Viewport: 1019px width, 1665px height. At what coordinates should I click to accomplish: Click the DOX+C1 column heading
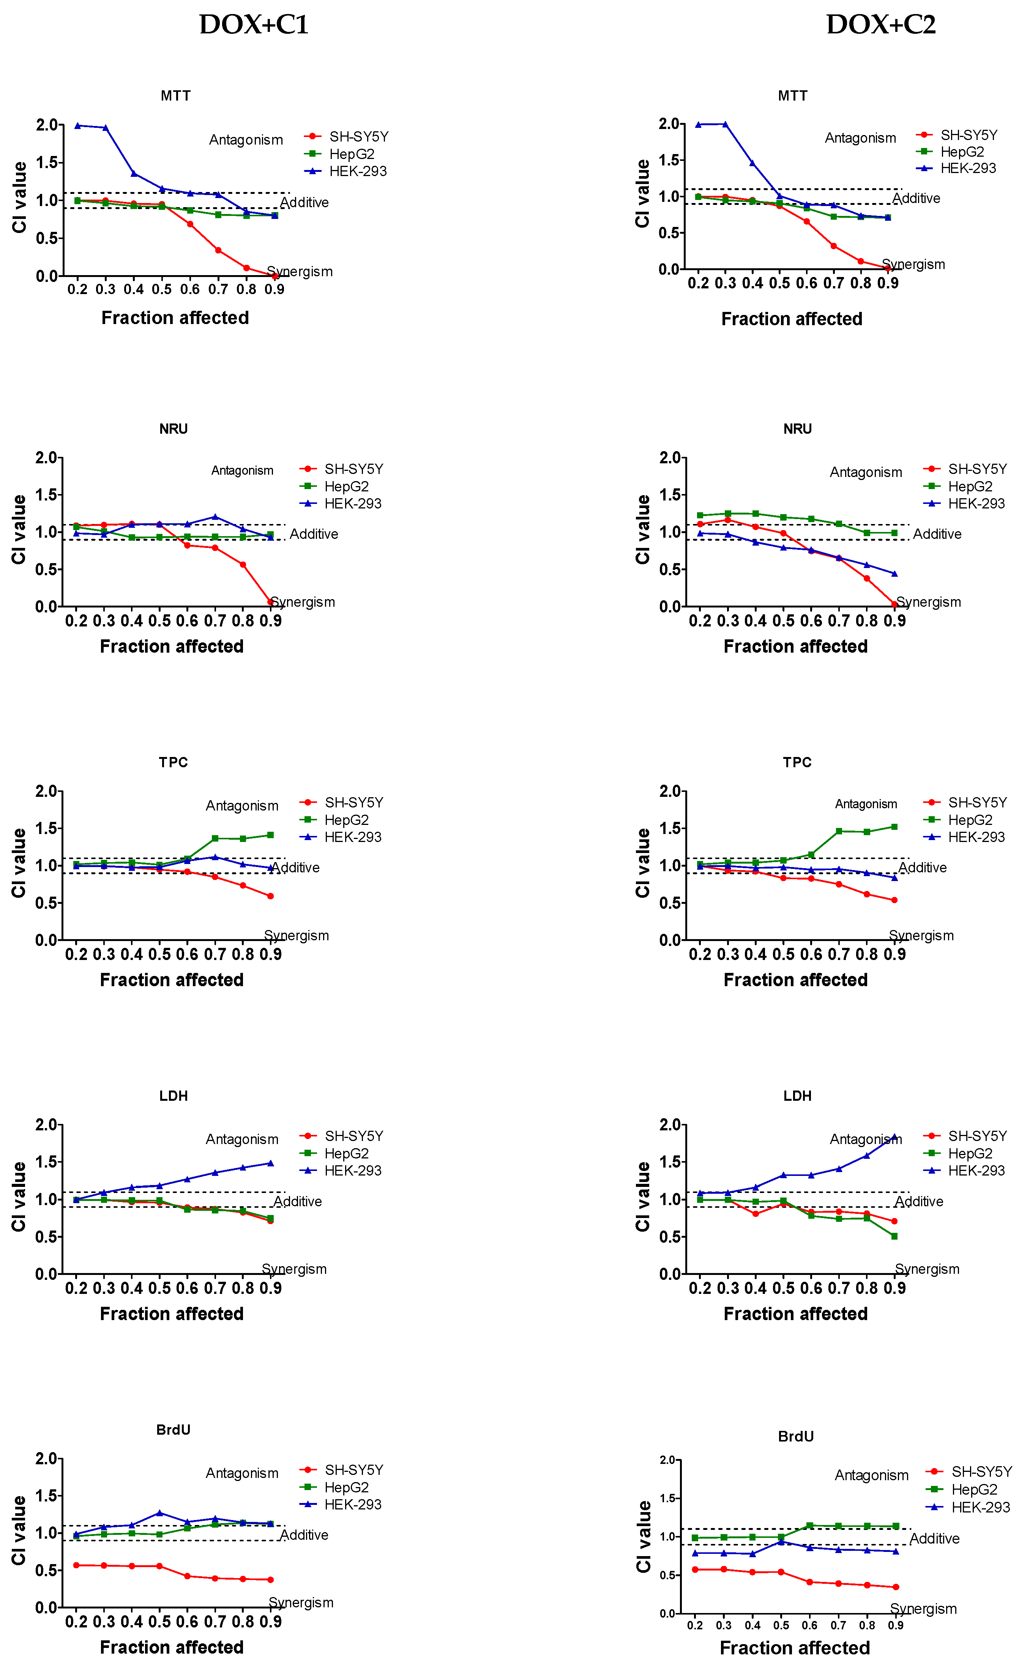[254, 25]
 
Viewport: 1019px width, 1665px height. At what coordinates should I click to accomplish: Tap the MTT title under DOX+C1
[175, 96]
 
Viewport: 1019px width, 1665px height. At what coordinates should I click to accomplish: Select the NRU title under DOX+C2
[797, 429]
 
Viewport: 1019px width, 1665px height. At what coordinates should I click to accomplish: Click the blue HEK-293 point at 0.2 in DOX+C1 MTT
[78, 126]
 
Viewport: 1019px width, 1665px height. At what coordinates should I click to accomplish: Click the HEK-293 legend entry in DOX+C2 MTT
[968, 168]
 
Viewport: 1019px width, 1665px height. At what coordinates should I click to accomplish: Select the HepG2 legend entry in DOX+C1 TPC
[346, 820]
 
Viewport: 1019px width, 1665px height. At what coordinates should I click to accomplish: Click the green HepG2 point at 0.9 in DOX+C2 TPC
[894, 826]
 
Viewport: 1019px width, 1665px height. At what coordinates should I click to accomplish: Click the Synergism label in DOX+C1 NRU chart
[302, 602]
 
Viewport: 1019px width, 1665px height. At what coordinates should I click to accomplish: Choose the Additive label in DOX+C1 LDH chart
[298, 1201]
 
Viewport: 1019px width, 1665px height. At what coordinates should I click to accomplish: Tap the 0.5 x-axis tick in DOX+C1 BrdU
[159, 1622]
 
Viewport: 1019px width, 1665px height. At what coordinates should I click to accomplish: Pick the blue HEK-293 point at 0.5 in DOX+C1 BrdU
[159, 1513]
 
